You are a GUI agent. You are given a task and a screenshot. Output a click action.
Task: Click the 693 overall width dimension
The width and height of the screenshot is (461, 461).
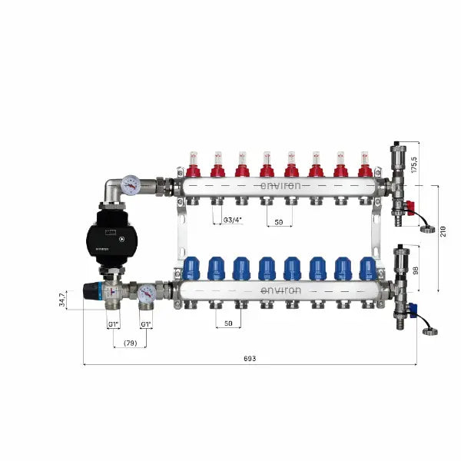coord(249,358)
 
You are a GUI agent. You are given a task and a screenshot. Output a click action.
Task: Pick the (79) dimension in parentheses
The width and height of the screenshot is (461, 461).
coord(130,343)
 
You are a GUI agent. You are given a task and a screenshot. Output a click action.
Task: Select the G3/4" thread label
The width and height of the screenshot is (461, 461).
coord(232,221)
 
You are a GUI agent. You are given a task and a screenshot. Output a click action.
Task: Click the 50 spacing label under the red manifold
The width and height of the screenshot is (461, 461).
coord(278,221)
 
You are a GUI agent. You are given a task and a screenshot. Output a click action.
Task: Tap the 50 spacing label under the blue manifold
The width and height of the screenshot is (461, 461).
coord(228,323)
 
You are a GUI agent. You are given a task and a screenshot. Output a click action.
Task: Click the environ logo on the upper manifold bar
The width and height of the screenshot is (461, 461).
coord(280,185)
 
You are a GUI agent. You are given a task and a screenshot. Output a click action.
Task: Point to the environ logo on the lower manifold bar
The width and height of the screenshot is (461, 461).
coord(280,290)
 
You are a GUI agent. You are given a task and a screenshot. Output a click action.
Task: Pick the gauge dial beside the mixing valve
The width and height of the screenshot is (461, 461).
coord(146,292)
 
